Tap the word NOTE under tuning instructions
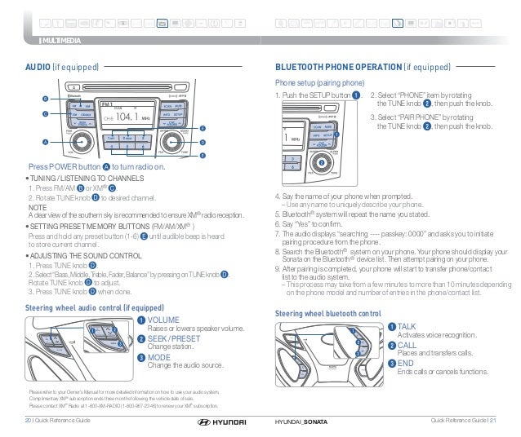[35, 207]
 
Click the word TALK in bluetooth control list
[407, 326]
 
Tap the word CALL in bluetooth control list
[407, 345]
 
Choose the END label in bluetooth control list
[405, 363]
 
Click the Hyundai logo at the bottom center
[214, 422]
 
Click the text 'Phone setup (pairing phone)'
[319, 82]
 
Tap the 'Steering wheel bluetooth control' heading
[328, 313]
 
